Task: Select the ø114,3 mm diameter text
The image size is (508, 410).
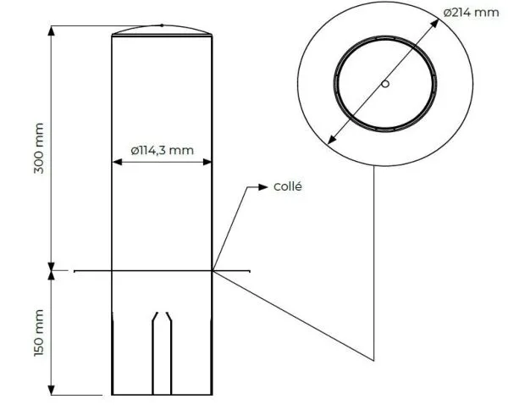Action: pos(162,150)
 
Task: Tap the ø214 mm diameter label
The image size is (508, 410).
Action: pos(472,12)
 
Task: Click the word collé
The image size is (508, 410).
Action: pos(289,186)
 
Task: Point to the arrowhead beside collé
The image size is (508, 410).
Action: pos(263,187)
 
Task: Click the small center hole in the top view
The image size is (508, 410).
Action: pos(384,84)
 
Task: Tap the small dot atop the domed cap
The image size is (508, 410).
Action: pos(162,25)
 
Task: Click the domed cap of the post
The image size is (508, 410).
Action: pos(162,30)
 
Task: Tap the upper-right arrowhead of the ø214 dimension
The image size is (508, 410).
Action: pos(434,25)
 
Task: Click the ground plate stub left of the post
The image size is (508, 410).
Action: pos(92,271)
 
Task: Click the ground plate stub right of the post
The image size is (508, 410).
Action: pos(232,271)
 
